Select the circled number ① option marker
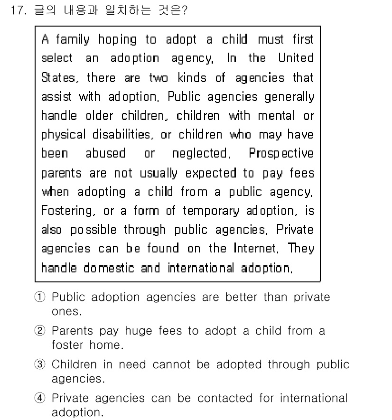pos(40,298)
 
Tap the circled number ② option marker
pos(40,331)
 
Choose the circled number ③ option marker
pos(40,365)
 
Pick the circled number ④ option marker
pos(40,398)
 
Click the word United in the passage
pos(296,58)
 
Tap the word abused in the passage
pos(105,154)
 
